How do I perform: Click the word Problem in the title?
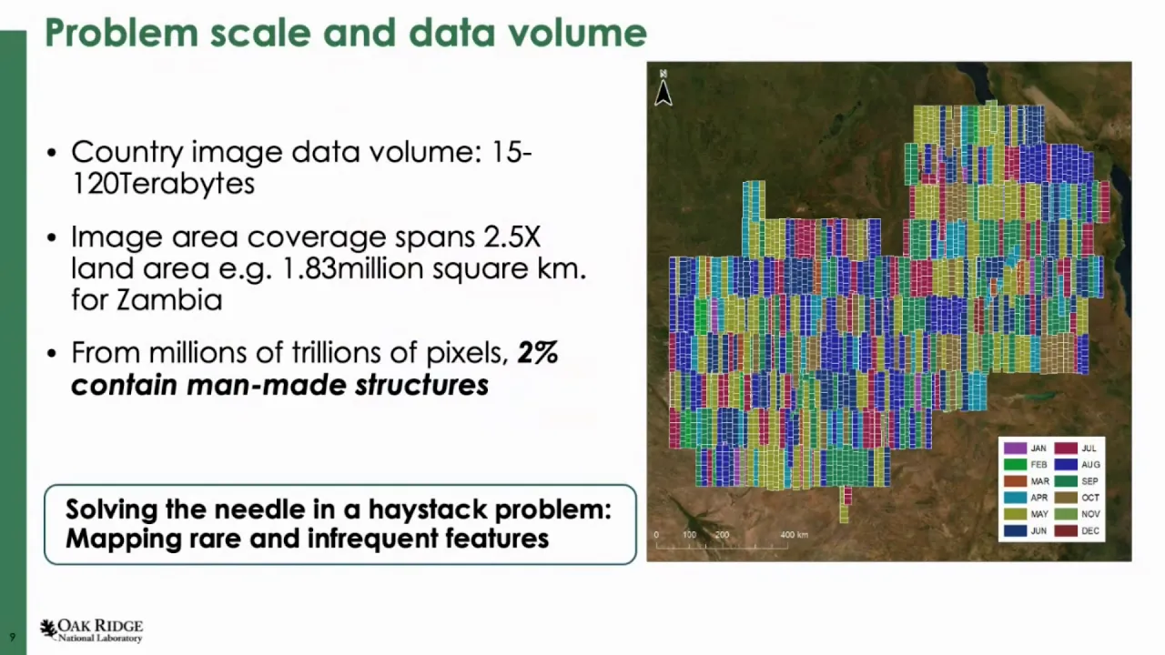pyautogui.click(x=122, y=34)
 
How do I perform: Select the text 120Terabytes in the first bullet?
pyautogui.click(x=163, y=184)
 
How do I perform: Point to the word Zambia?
pyautogui.click(x=170, y=300)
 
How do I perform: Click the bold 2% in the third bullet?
pyautogui.click(x=537, y=352)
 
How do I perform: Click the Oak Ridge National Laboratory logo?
pyautogui.click(x=92, y=630)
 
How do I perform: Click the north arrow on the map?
pyautogui.click(x=664, y=89)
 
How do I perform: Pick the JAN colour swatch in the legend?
pyautogui.click(x=1014, y=448)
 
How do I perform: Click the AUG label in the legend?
pyautogui.click(x=1090, y=465)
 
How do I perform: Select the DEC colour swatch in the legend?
pyautogui.click(x=1066, y=530)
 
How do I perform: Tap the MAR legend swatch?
pyautogui.click(x=1014, y=481)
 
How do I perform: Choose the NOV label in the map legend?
pyautogui.click(x=1090, y=514)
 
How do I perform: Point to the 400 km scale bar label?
pyautogui.click(x=794, y=534)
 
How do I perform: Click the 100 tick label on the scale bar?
pyautogui.click(x=689, y=534)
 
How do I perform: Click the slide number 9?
pyautogui.click(x=13, y=637)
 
